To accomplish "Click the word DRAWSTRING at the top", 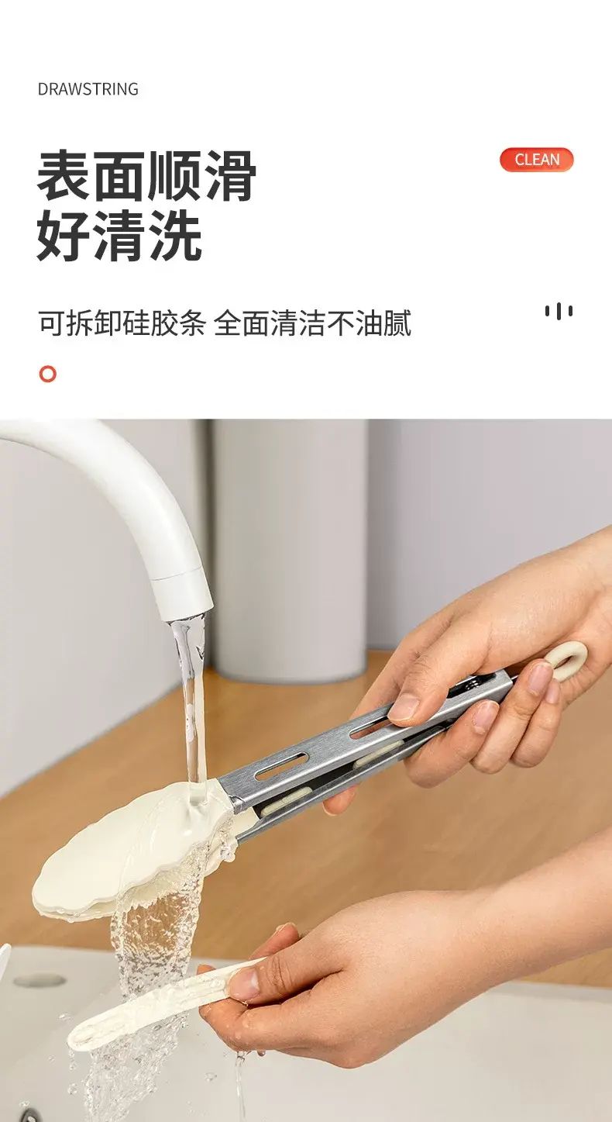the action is pyautogui.click(x=88, y=89).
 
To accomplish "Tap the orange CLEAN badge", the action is pyautogui.click(x=536, y=160).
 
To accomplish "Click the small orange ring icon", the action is pyautogui.click(x=48, y=375).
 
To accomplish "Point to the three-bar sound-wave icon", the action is pyautogui.click(x=559, y=311).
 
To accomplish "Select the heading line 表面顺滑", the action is pyautogui.click(x=146, y=176).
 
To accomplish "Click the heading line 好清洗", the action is pyautogui.click(x=119, y=235).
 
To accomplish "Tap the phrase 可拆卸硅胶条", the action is pyautogui.click(x=122, y=323).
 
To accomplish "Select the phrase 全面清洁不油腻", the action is pyautogui.click(x=312, y=323).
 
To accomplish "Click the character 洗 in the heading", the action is pyautogui.click(x=175, y=235).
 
